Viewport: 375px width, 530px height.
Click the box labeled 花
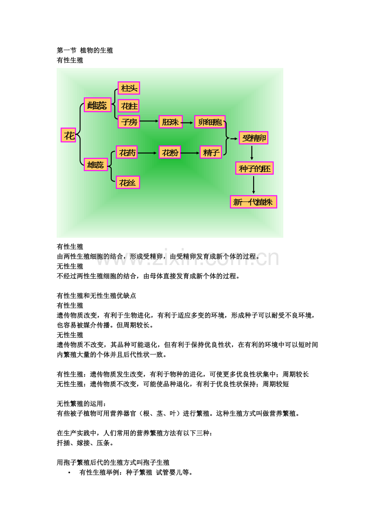point(68,135)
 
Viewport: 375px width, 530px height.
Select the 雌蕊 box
point(97,105)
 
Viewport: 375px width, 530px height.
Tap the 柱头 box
point(129,88)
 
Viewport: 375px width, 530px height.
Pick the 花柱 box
point(128,106)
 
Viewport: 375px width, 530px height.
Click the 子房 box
point(129,122)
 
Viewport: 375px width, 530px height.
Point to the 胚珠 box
point(170,122)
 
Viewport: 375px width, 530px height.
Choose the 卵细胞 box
point(210,122)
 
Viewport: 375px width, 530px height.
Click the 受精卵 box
point(254,138)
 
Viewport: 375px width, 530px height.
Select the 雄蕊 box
point(96,164)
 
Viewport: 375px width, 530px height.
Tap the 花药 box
point(127,152)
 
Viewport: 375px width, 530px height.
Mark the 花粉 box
point(170,152)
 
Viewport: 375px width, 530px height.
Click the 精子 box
point(211,152)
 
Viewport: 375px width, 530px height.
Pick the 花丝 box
point(128,182)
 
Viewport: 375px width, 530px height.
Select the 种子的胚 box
point(254,168)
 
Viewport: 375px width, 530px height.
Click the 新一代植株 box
point(254,202)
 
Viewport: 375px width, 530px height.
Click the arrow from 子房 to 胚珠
point(149,121)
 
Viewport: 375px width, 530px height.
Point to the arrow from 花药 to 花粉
point(147,153)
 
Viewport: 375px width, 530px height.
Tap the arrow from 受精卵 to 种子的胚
point(251,153)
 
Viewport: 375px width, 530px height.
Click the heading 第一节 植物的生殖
point(85,50)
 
